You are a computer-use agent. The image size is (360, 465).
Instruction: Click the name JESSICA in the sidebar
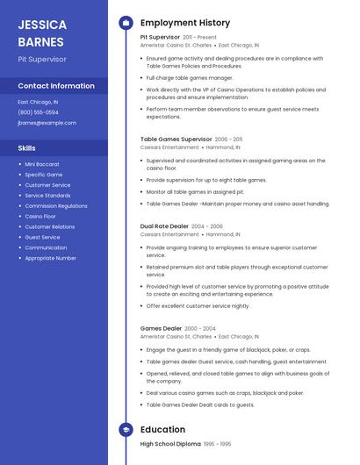coord(41,25)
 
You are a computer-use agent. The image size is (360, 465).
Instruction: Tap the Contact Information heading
coord(56,86)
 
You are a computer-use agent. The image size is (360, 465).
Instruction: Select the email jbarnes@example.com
coord(47,123)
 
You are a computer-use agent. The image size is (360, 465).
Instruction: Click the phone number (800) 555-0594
coord(38,112)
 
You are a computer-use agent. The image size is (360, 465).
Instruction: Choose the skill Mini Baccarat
coord(42,164)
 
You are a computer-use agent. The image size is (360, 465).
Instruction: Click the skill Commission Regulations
coord(56,206)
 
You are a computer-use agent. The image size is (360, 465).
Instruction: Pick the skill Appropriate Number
coord(50,258)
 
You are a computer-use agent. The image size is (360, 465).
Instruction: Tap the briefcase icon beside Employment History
coord(126,23)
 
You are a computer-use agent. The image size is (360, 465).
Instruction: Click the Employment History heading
coord(185,23)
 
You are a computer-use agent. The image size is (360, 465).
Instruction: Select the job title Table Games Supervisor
coord(176,139)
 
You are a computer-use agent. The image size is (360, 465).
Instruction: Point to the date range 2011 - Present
coord(199,38)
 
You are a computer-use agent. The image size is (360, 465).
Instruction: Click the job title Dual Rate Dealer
coord(163,226)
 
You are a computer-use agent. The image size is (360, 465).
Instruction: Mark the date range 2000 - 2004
coord(200,328)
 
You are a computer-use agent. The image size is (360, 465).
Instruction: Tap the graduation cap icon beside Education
coord(126,430)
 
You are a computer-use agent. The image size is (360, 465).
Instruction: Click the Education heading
coord(162,430)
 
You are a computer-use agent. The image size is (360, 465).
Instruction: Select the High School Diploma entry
coord(170,445)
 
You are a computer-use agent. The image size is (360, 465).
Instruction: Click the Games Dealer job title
coord(160,328)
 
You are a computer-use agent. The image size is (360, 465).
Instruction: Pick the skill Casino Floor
coord(40,216)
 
